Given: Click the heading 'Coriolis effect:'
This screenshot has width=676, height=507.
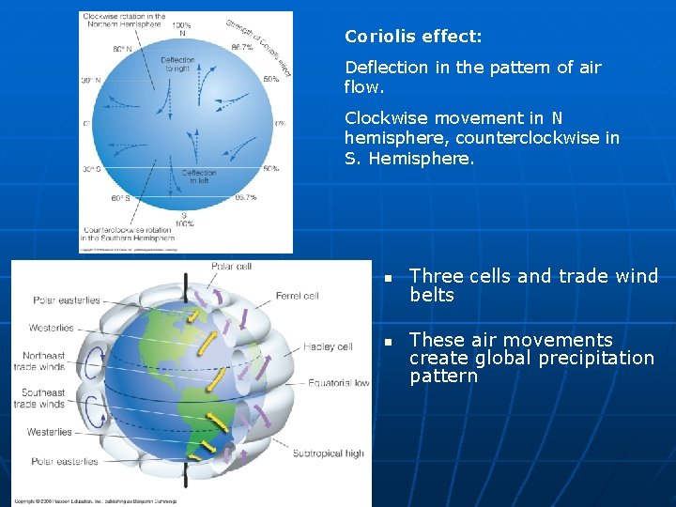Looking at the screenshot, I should pyautogui.click(x=413, y=37).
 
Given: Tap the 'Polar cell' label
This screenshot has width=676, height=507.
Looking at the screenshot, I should pyautogui.click(x=231, y=267).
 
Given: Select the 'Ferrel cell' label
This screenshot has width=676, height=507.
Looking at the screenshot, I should pyautogui.click(x=297, y=296).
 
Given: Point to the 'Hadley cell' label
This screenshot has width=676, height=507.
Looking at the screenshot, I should pyautogui.click(x=328, y=346).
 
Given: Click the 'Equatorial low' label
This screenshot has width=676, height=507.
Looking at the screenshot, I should pyautogui.click(x=338, y=383).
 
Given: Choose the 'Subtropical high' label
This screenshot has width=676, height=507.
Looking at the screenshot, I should pyautogui.click(x=328, y=453).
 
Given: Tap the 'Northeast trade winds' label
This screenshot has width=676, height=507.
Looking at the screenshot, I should pyautogui.click(x=38, y=361).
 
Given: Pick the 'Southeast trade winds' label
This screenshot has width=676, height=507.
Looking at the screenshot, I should pyautogui.click(x=38, y=398).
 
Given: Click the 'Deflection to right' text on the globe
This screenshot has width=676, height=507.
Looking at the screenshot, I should pyautogui.click(x=177, y=64).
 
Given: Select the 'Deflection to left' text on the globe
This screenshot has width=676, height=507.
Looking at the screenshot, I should pyautogui.click(x=198, y=177).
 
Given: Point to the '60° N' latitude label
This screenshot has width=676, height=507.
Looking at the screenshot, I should pyautogui.click(x=122, y=48).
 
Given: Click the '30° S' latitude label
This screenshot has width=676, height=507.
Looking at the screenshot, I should pyautogui.click(x=93, y=169).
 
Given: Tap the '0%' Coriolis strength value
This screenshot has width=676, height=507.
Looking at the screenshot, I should pyautogui.click(x=280, y=123).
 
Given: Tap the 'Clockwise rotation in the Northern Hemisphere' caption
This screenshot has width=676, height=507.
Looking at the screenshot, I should pyautogui.click(x=124, y=21).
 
